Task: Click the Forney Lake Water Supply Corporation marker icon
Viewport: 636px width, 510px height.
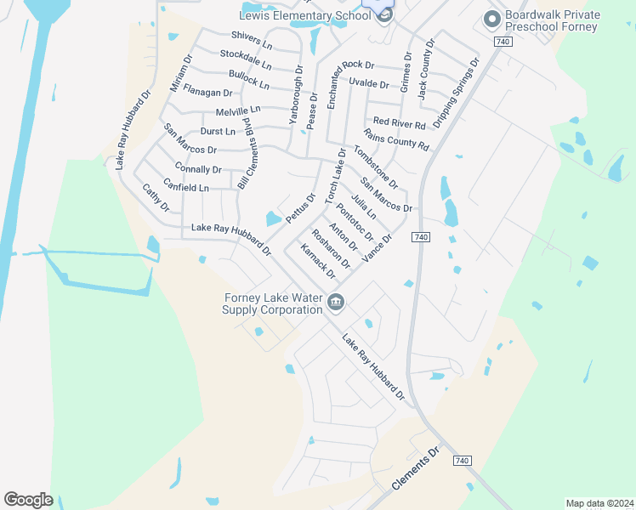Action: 336,302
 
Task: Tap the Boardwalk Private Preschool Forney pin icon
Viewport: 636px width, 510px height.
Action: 491,19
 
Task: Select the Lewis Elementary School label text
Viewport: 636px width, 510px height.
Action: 304,15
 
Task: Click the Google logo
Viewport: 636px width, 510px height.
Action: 28,500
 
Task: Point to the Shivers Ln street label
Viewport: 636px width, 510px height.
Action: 252,39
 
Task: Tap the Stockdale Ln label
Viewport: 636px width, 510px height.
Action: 246,59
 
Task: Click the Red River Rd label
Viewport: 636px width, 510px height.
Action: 399,124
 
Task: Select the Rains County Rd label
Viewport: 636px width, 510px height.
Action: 395,139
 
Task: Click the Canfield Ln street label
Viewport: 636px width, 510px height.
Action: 185,186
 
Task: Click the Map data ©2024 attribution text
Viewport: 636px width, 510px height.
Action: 599,502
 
